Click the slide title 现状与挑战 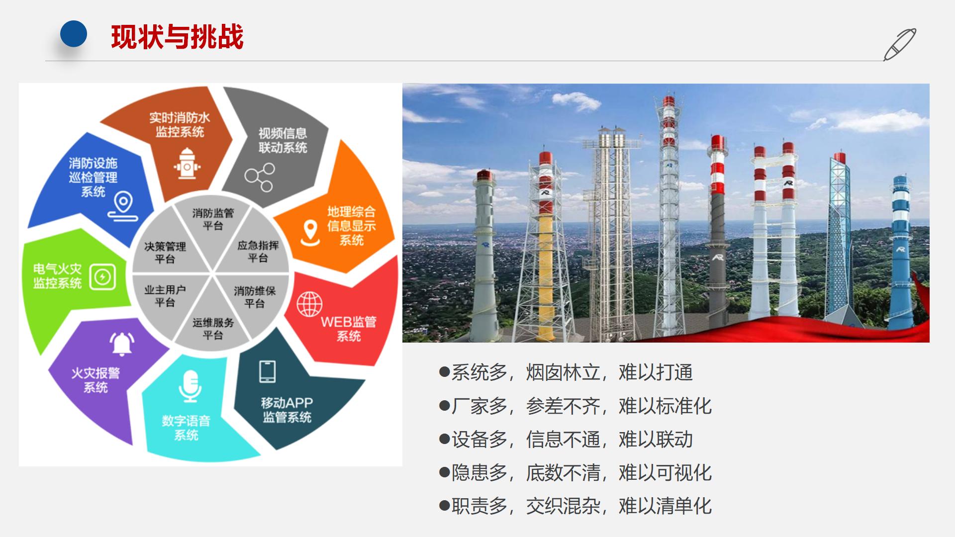click(177, 37)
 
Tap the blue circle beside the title click(74, 34)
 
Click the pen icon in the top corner click(899, 44)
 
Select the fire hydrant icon click(187, 163)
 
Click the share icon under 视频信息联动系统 click(259, 178)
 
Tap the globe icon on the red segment click(309, 304)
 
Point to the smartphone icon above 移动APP click(268, 371)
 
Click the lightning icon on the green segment click(103, 276)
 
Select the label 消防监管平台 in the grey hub click(213, 219)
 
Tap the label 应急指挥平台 click(258, 252)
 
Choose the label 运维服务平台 click(213, 329)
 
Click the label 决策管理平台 click(165, 253)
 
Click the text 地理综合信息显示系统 click(351, 226)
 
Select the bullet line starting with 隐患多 click(575, 473)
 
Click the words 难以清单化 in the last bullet click(665, 506)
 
